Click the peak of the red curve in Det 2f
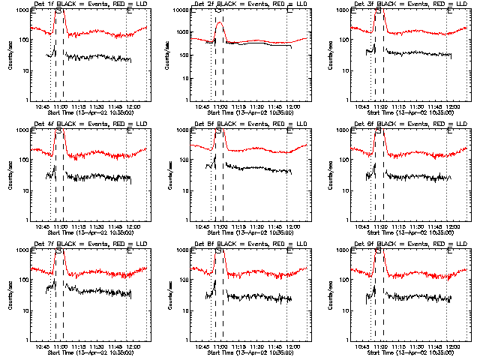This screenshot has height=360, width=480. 219,22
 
